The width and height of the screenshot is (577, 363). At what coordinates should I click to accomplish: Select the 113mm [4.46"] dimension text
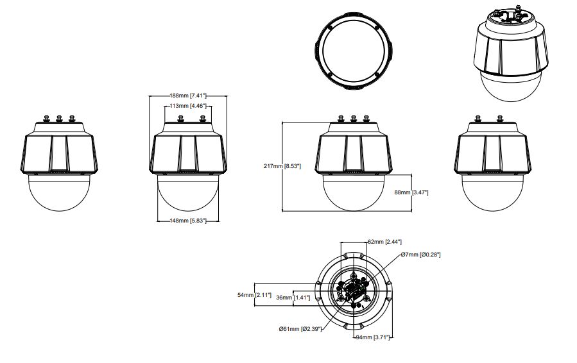[187, 106]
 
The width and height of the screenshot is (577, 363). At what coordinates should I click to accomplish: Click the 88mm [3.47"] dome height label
[411, 192]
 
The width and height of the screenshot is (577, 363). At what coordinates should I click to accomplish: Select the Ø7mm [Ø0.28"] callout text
[421, 255]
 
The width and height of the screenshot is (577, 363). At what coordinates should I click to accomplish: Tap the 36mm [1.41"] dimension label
[293, 298]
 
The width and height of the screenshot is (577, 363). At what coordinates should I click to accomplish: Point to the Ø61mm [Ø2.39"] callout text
[299, 329]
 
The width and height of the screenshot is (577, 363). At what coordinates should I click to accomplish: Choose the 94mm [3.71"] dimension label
[373, 337]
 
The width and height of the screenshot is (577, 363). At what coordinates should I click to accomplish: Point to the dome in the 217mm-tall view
[353, 192]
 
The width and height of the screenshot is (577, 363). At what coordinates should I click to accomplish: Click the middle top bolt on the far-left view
[60, 118]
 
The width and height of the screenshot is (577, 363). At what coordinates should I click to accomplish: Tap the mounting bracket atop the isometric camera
[513, 13]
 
